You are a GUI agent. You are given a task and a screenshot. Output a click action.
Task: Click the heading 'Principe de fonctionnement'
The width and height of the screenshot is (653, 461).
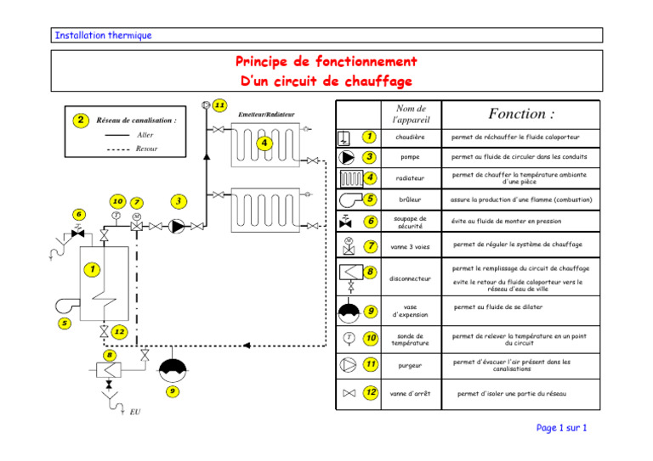coord(326,62)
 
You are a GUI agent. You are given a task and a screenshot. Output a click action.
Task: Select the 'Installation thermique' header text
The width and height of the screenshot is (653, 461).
coord(102,36)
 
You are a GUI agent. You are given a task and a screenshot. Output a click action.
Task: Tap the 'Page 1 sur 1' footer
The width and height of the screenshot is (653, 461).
coord(561,428)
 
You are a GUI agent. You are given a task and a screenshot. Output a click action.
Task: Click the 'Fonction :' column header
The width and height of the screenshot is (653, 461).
coord(521,114)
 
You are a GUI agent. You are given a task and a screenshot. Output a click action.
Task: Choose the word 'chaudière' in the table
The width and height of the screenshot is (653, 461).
coord(411,137)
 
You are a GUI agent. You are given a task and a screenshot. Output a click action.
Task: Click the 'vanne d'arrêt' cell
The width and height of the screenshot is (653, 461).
coord(411,394)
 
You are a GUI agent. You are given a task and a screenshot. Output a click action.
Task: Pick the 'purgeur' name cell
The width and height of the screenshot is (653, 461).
coord(411,365)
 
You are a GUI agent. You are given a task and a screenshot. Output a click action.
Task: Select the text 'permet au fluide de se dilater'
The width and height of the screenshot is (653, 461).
coord(498,307)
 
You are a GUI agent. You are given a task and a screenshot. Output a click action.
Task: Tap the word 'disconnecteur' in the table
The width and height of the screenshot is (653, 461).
coord(411,278)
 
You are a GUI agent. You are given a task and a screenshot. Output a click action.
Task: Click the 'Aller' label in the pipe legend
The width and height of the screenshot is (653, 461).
coord(145,135)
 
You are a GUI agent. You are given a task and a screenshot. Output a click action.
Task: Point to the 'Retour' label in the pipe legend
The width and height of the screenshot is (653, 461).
coord(146,149)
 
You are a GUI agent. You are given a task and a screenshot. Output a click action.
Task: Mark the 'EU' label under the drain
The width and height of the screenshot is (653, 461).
coord(135,413)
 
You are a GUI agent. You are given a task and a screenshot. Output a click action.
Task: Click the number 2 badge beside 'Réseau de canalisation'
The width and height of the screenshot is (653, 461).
coord(80,120)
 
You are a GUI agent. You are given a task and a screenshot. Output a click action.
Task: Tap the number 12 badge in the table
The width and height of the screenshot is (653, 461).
coord(371,392)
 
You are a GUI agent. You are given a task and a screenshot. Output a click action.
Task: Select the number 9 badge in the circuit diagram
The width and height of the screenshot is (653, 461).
coord(173,391)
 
